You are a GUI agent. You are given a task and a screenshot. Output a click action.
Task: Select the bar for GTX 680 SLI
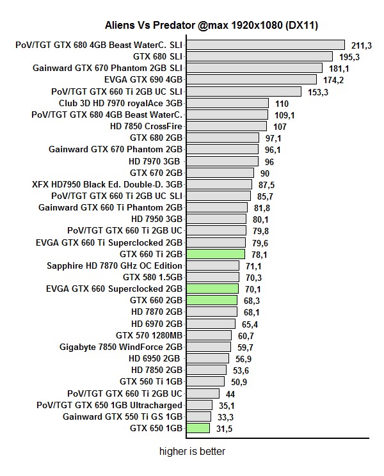(259, 56)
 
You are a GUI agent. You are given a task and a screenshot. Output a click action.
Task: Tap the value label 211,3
(362, 45)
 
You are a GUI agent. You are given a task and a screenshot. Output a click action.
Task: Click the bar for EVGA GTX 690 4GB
(251, 80)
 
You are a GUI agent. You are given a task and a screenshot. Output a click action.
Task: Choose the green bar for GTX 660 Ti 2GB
(215, 254)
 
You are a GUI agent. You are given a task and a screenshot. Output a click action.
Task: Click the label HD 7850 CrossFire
(147, 126)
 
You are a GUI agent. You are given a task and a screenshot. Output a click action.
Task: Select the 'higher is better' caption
(193, 452)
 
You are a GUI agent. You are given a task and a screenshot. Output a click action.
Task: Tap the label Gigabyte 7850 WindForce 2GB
(121, 347)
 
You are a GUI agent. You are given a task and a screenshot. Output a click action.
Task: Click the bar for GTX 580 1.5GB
(212, 277)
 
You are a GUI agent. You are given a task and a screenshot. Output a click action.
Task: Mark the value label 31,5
(224, 428)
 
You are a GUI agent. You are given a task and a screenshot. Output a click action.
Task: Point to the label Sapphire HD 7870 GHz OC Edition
(115, 266)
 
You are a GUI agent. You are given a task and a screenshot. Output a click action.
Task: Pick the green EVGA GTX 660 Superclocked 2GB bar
(212, 289)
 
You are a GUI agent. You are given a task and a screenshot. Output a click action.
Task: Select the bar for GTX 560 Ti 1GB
(205, 381)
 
